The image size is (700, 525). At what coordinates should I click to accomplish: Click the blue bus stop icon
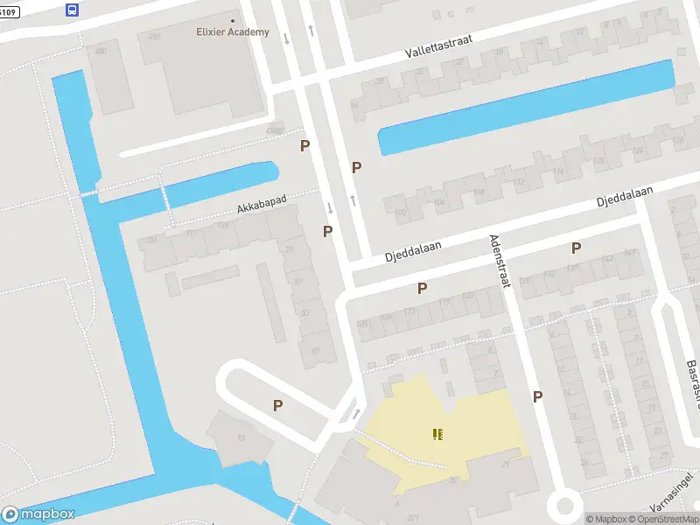coord(72,10)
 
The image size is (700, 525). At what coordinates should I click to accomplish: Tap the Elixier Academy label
coord(232,32)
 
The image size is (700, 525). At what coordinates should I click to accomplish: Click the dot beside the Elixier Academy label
coord(232,20)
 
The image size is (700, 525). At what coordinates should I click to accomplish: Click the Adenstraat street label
coord(504,262)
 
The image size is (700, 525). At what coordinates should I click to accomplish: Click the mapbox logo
coord(38,514)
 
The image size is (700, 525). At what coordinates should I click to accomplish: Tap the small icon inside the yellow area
coord(437,433)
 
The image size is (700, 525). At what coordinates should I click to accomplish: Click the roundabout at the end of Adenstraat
coord(564,505)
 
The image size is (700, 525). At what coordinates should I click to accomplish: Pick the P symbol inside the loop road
coord(277,405)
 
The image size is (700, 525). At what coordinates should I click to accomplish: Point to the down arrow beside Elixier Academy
coord(286,38)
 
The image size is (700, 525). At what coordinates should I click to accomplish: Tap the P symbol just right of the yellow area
coord(537,396)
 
